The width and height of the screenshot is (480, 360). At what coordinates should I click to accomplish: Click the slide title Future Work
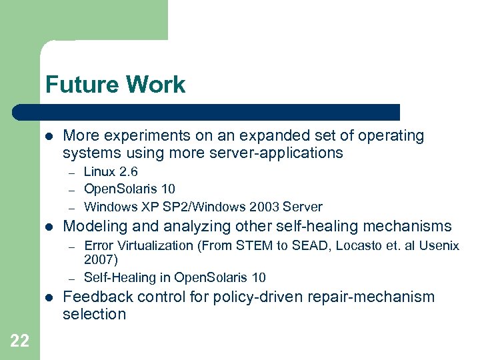[x=115, y=85]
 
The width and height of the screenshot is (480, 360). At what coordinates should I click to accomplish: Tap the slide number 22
[x=19, y=341]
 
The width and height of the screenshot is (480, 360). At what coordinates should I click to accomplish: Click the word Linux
[x=98, y=172]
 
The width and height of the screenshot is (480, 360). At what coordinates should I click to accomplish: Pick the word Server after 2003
[x=303, y=207]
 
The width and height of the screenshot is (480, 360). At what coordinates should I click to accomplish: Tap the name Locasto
[x=361, y=245]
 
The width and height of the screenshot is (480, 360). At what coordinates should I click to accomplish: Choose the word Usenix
[x=438, y=245]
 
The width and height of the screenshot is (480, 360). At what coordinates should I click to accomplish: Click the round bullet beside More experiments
[x=49, y=136]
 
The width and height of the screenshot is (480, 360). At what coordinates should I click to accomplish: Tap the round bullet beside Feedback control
[x=49, y=297]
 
